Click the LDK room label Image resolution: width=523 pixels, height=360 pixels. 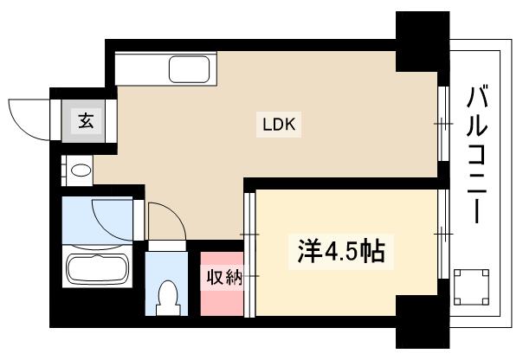(280, 124)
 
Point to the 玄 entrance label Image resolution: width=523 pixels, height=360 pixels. (87, 119)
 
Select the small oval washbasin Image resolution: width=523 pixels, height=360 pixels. (81, 170)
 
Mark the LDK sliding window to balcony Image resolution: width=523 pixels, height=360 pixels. (442, 125)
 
